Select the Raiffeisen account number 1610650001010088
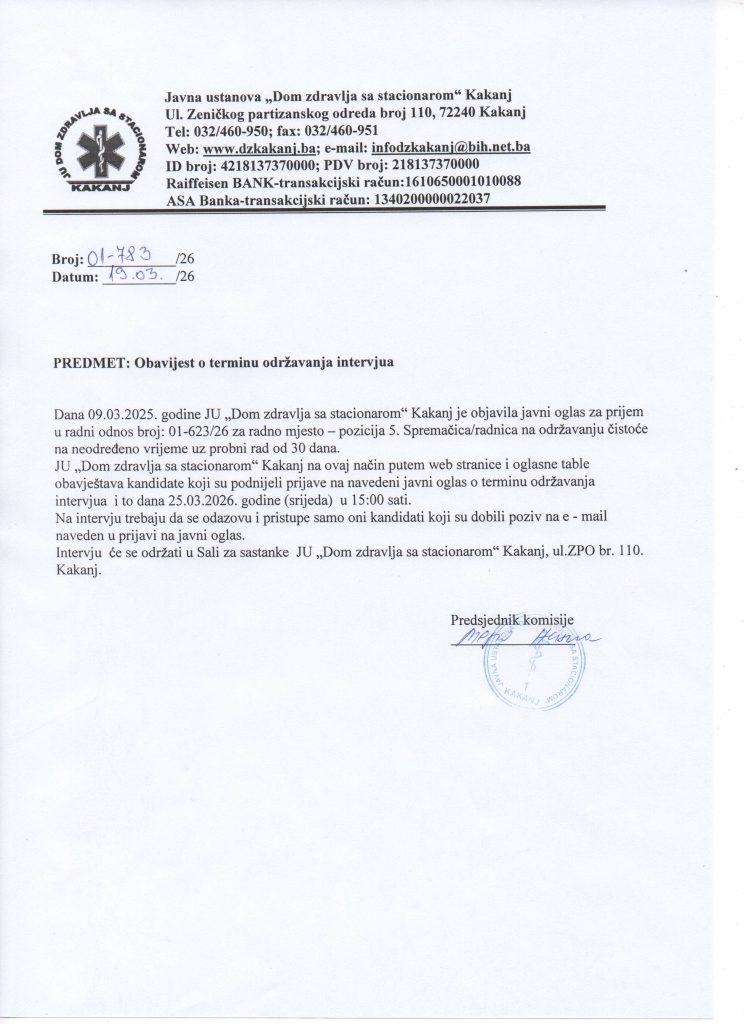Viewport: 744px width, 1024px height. [469, 182]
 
